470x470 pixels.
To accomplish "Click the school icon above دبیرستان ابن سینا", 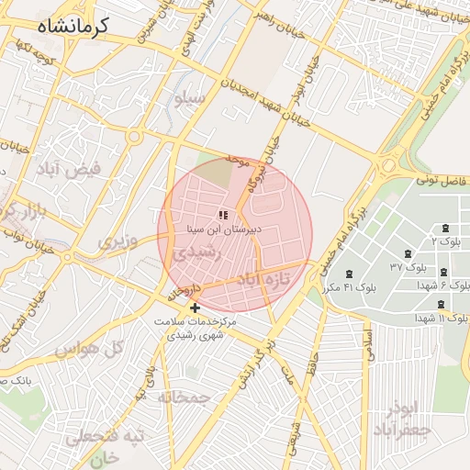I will point(222,214).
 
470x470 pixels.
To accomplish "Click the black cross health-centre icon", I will point(194,308).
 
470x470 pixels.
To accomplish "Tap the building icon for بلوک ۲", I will point(445,228).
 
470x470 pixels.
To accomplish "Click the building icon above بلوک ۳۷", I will point(407,254).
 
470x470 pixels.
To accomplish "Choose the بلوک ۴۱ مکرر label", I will point(350,287).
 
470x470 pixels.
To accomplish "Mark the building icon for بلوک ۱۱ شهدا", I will point(441,304).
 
